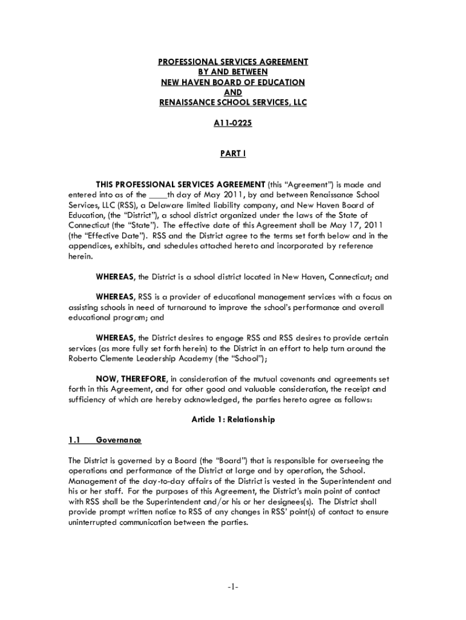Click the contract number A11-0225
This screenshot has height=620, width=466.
232,124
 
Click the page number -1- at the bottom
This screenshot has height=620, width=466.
233,587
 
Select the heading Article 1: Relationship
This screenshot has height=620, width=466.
233,420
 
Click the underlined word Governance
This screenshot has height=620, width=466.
119,440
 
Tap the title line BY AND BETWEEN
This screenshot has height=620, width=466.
233,71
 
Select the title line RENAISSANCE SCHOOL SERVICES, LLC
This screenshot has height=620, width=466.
233,103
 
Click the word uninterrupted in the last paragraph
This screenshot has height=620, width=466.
94,523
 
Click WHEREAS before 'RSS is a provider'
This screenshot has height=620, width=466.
116,297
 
